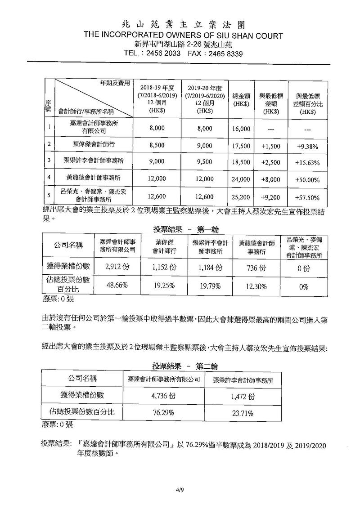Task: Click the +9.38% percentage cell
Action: pos(308,146)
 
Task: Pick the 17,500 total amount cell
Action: pos(241,146)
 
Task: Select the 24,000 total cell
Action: pos(241,179)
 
